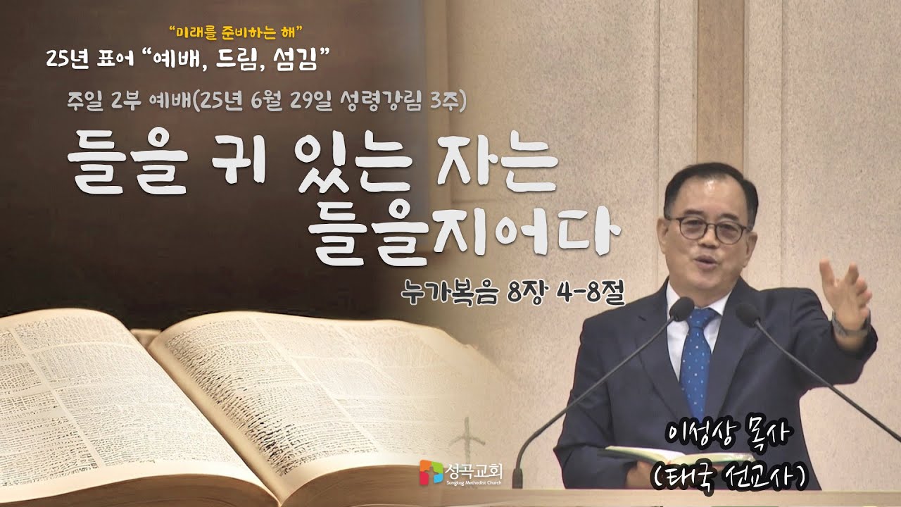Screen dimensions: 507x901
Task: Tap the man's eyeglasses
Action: pos(707,229)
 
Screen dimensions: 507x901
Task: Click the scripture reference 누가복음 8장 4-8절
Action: pos(510,290)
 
